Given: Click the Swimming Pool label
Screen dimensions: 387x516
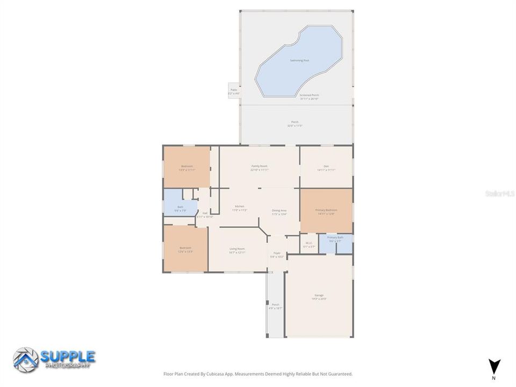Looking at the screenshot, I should coord(299,61).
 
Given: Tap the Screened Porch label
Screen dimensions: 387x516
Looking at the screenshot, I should coord(309,95).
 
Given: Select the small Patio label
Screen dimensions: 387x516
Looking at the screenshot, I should coord(234,90).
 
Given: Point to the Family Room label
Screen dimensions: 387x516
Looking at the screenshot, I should coord(259,166).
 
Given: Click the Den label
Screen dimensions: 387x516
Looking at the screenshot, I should coord(326,166).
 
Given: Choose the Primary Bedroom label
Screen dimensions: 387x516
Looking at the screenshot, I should coord(326,210).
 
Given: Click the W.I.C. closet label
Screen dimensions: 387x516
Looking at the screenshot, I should coord(309,243).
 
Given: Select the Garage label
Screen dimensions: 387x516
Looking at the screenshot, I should coord(319,295).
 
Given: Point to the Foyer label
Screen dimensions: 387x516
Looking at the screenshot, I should coord(277,253).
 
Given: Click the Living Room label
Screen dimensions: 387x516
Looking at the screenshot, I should coord(237,249).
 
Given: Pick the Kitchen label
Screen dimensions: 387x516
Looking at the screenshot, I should coord(239,206).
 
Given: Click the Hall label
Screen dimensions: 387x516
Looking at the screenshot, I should coord(205,213).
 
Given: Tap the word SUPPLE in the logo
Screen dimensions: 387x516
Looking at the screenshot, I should coord(68,356).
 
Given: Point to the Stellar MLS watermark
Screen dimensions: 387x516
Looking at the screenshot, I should coord(499,192).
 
